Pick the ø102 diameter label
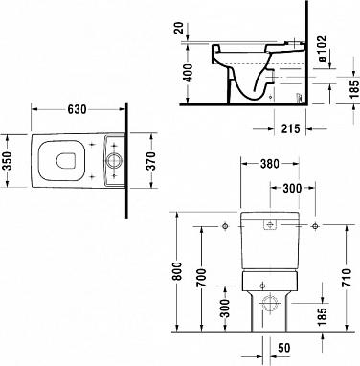click(x=323, y=53)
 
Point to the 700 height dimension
click(x=199, y=278)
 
